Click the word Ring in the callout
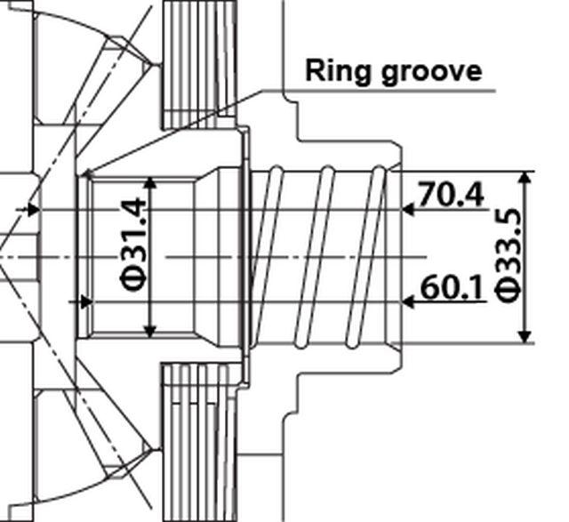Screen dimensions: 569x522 pyautogui.click(x=339, y=71)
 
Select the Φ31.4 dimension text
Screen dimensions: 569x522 pyautogui.click(x=134, y=244)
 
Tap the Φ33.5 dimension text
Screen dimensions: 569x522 pyautogui.click(x=509, y=255)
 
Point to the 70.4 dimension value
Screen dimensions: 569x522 pyautogui.click(x=452, y=195)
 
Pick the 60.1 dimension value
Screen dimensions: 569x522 pyautogui.click(x=453, y=286)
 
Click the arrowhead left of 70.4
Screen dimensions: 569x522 pyautogui.click(x=408, y=210)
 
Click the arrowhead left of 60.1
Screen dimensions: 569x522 pyautogui.click(x=408, y=301)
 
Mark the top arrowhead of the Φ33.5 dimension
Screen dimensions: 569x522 pyautogui.click(x=525, y=177)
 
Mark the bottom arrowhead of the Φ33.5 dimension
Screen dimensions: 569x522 pyautogui.click(x=525, y=336)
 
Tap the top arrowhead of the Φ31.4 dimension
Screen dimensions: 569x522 pyautogui.click(x=150, y=183)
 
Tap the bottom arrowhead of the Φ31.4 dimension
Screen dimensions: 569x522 pyautogui.click(x=150, y=331)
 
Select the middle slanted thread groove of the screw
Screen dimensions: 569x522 pyautogui.click(x=314, y=257)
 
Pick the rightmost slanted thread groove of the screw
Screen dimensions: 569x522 pyautogui.click(x=365, y=257)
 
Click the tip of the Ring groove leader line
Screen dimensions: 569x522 pyautogui.click(x=84, y=175)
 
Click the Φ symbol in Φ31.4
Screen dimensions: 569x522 pyautogui.click(x=134, y=279)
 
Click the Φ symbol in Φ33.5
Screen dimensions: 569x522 pyautogui.click(x=509, y=291)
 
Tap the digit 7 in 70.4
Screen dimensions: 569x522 pyautogui.click(x=427, y=195)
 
